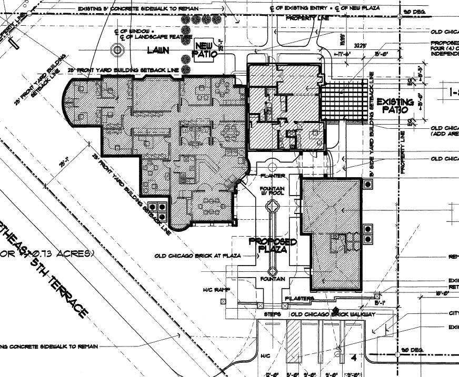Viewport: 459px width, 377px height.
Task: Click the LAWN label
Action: pyautogui.click(x=158, y=51)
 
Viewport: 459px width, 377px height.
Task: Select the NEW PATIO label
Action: pyautogui.click(x=204, y=49)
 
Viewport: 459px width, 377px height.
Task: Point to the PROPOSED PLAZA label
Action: pyautogui.click(x=272, y=246)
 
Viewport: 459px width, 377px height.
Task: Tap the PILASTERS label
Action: pyautogui.click(x=300, y=299)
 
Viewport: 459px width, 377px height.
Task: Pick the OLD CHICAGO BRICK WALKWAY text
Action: pyautogui.click(x=333, y=314)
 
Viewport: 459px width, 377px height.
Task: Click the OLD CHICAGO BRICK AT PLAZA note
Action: pyautogui.click(x=197, y=256)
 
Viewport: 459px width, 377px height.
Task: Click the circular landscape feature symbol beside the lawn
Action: pyautogui.click(x=117, y=50)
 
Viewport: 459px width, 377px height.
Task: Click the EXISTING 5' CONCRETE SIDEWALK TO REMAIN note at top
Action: pyautogui.click(x=138, y=9)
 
